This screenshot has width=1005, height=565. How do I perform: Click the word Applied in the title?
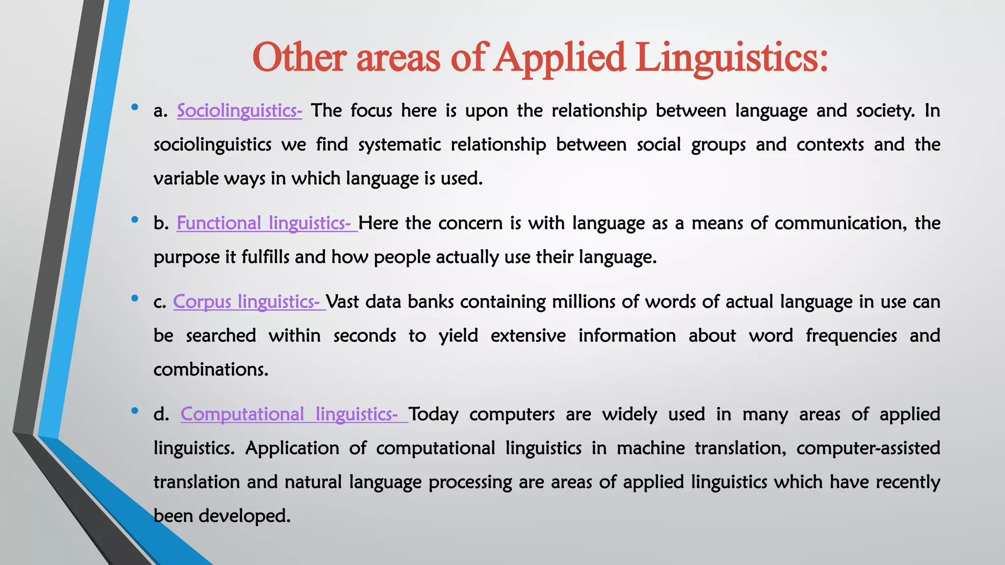(559, 58)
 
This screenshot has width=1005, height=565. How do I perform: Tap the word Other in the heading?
(299, 58)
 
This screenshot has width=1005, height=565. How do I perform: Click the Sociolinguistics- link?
(239, 111)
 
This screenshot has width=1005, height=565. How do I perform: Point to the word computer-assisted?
(868, 448)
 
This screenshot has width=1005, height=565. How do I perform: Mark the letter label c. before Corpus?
(160, 302)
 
